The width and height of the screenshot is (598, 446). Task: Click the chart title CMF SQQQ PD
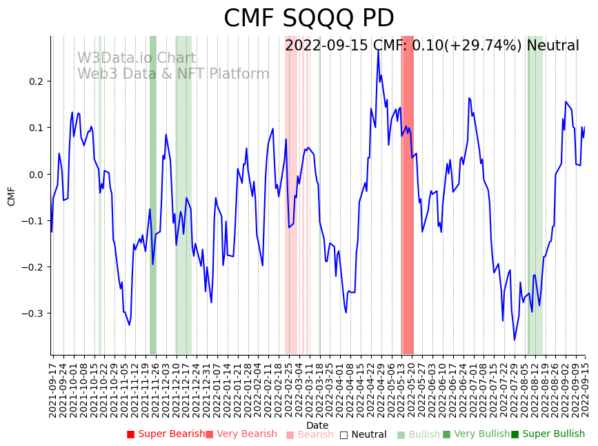[308, 19]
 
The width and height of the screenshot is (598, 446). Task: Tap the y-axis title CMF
[11, 196]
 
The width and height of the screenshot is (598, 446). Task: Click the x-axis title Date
[317, 425]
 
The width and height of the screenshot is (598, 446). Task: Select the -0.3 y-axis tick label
[32, 313]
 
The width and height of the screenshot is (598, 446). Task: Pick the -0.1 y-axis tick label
[32, 221]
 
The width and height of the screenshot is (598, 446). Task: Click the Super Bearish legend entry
[166, 434]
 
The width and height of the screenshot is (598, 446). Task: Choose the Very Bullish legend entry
[476, 434]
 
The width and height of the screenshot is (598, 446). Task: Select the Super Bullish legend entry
[548, 434]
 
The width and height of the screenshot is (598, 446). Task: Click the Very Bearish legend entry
[241, 434]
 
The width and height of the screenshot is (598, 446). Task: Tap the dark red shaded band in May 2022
[407, 193]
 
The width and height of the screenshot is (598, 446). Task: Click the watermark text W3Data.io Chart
[136, 59]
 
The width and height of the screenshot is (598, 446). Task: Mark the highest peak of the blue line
[378, 50]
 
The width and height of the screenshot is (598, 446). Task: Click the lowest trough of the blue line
[514, 340]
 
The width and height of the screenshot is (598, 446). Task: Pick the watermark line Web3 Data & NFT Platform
[173, 74]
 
